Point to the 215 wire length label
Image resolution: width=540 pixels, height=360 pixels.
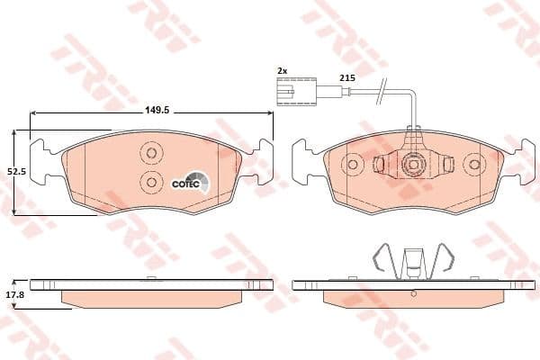point(346,79)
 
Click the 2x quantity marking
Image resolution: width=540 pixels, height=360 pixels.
point(281,69)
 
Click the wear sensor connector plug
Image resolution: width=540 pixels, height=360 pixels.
point(295,93)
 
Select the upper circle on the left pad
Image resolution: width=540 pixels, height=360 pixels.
point(151,154)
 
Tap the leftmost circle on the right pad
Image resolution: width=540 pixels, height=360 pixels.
point(353,164)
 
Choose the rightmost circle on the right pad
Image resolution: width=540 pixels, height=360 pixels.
point(474,164)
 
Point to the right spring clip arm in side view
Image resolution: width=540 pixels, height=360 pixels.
point(440,259)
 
